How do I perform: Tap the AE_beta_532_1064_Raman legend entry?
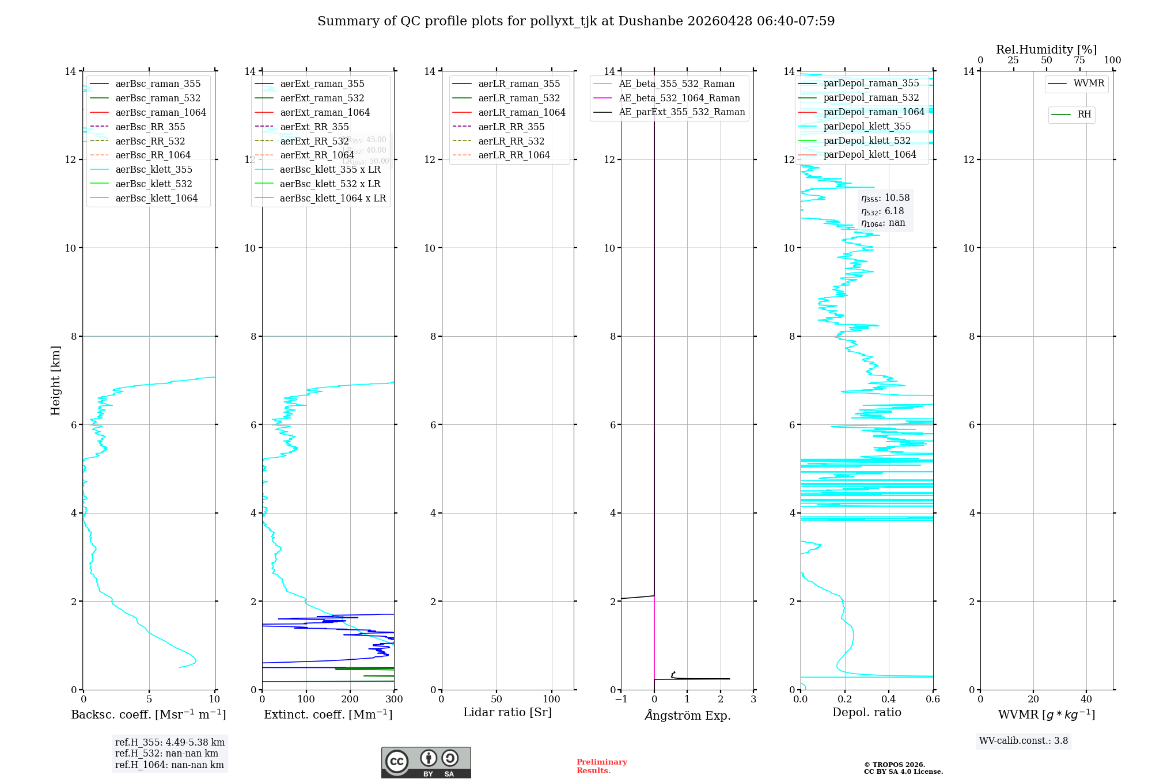pyautogui.click(x=679, y=98)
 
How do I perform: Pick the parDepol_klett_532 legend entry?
pyautogui.click(x=867, y=141)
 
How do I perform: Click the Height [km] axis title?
pyautogui.click(x=55, y=381)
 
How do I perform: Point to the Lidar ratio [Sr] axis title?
pyautogui.click(x=507, y=713)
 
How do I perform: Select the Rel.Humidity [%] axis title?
pyautogui.click(x=1046, y=50)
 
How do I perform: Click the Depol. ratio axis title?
pyautogui.click(x=866, y=713)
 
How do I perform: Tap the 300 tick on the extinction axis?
pyautogui.click(x=395, y=700)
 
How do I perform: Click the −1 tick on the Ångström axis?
pyautogui.click(x=620, y=700)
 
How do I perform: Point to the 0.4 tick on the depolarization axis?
pyautogui.click(x=889, y=700)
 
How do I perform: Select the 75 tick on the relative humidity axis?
pyautogui.click(x=1079, y=60)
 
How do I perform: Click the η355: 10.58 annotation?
pyautogui.click(x=885, y=198)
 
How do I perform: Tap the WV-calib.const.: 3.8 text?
pyautogui.click(x=1024, y=741)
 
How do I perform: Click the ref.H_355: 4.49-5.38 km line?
pyautogui.click(x=170, y=743)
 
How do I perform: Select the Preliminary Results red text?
pyautogui.click(x=601, y=766)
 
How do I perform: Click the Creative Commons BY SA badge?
pyautogui.click(x=426, y=763)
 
